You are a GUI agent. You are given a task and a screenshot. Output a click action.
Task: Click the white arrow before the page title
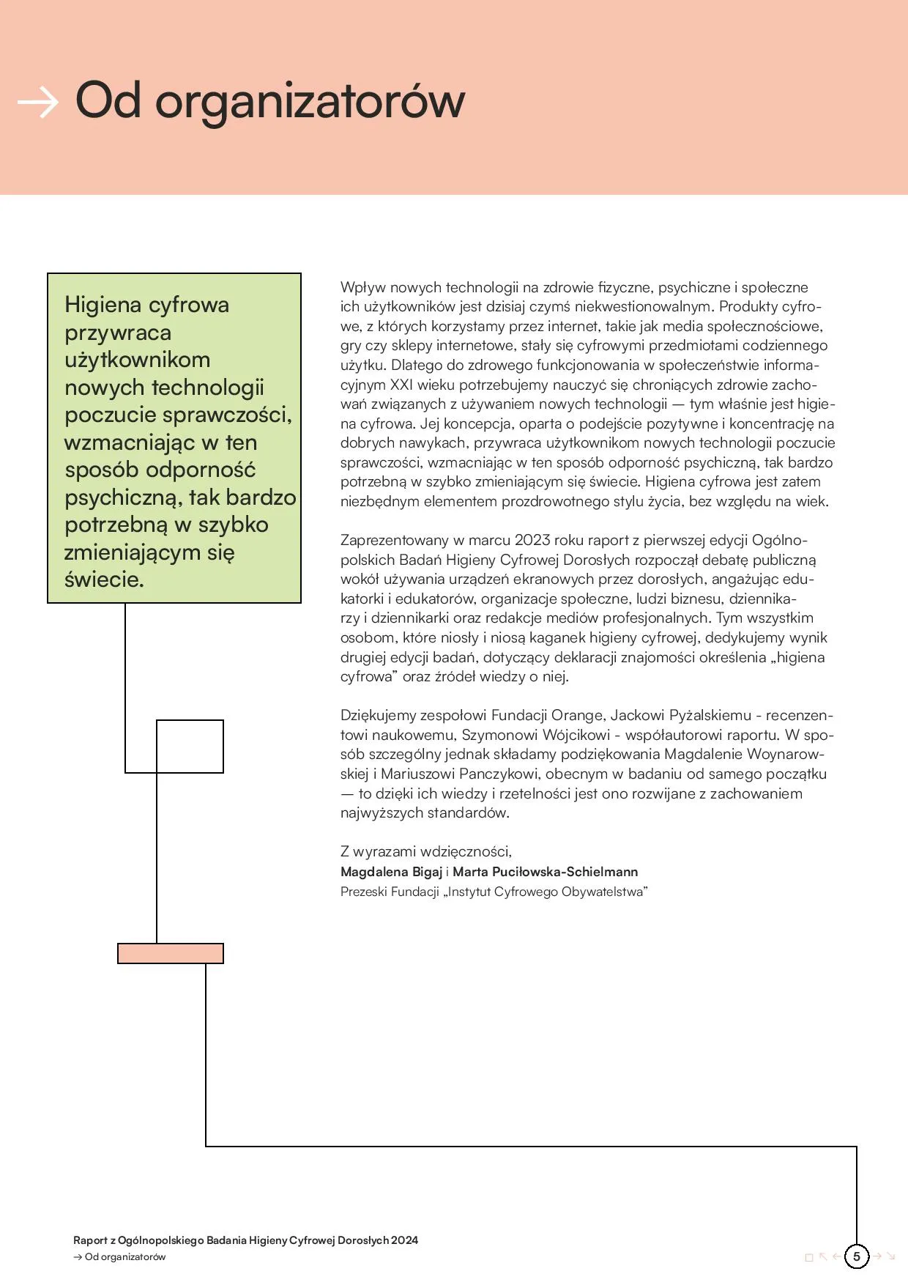tap(37, 103)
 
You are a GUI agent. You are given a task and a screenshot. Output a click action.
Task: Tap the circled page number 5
tap(856, 1256)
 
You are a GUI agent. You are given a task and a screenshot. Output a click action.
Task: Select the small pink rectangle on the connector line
tap(171, 953)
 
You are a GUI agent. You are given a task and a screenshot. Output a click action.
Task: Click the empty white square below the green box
tap(190, 746)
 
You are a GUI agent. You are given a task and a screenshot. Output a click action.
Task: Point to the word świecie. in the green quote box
tap(105, 579)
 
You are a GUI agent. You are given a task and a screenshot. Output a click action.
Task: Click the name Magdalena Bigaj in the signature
tap(391, 872)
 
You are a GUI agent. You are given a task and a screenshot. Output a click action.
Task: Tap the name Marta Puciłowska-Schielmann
tap(545, 872)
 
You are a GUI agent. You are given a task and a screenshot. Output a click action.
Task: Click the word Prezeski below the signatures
tap(363, 892)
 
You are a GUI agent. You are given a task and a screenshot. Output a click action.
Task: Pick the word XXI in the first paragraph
tap(401, 385)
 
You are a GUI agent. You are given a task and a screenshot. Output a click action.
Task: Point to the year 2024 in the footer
tap(404, 1240)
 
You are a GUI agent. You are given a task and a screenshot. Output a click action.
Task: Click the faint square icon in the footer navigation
tap(809, 1258)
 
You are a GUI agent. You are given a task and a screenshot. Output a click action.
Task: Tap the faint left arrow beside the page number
tap(837, 1257)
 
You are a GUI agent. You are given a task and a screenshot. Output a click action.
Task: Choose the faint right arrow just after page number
tap(877, 1257)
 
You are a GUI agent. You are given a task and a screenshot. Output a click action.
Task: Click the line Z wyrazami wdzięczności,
tap(425, 851)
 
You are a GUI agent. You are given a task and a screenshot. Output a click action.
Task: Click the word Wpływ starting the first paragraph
tap(362, 287)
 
